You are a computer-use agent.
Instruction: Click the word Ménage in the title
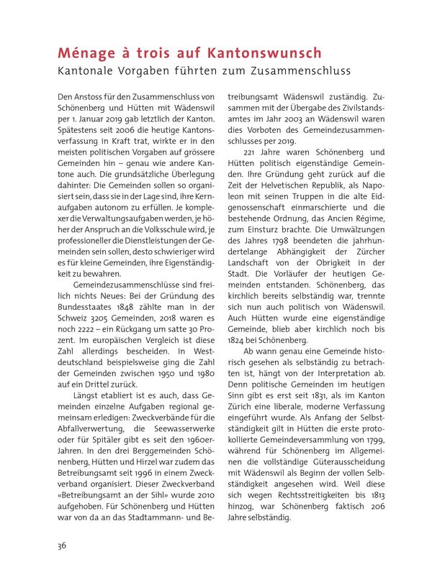tap(85, 54)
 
